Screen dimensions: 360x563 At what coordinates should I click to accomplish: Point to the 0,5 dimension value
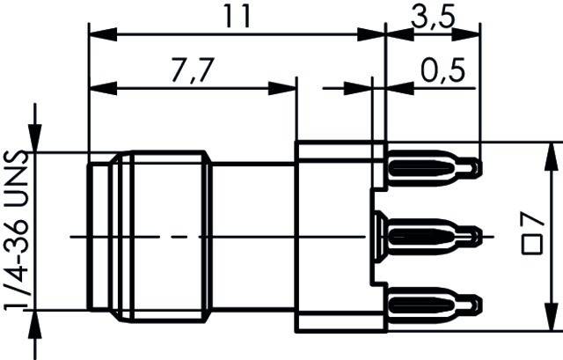pyautogui.click(x=442, y=69)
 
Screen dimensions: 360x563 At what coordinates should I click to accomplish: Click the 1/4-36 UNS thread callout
pyautogui.click(x=17, y=231)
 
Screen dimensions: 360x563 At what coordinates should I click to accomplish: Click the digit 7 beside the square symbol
pyautogui.click(x=531, y=220)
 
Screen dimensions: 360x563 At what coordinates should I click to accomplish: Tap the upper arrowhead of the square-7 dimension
pyautogui.click(x=552, y=151)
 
